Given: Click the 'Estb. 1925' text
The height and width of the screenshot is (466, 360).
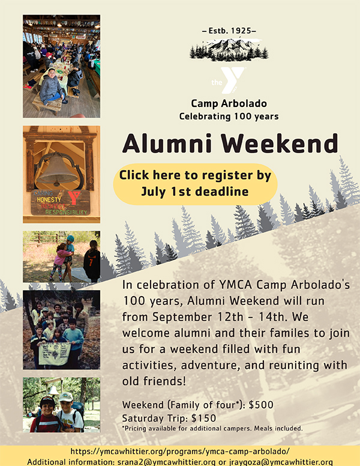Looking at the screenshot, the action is pyautogui.click(x=229, y=31).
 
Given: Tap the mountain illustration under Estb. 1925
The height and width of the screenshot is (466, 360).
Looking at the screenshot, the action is pyautogui.click(x=229, y=49).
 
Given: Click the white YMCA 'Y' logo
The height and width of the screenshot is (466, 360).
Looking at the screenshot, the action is pyautogui.click(x=229, y=80).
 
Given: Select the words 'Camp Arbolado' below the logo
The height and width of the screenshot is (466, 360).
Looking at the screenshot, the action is pyautogui.click(x=229, y=103).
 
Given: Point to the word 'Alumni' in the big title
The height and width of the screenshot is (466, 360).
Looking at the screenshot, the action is pyautogui.click(x=167, y=143).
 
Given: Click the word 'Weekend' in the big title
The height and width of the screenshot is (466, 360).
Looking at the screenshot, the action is pyautogui.click(x=280, y=143).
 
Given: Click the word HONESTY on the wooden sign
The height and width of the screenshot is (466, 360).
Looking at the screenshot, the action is pyautogui.click(x=49, y=200).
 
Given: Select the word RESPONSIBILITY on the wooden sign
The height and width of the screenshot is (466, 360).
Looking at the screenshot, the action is pyautogui.click(x=66, y=212).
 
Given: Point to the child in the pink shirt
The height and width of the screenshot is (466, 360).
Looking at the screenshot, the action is pyautogui.click(x=59, y=261).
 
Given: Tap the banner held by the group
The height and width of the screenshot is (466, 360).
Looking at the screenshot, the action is pyautogui.click(x=55, y=353).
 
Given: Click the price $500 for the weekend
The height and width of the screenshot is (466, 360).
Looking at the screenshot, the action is pyautogui.click(x=261, y=405).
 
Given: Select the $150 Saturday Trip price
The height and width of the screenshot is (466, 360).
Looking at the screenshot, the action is pyautogui.click(x=203, y=418).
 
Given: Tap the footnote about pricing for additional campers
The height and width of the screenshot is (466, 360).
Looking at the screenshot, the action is pyautogui.click(x=212, y=429).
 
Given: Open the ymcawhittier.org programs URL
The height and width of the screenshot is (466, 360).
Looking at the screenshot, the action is pyautogui.click(x=180, y=452).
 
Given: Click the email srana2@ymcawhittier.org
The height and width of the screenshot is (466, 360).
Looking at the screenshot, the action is pyautogui.click(x=166, y=462).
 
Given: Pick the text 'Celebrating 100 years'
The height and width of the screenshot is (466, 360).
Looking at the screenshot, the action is pyautogui.click(x=229, y=116).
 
